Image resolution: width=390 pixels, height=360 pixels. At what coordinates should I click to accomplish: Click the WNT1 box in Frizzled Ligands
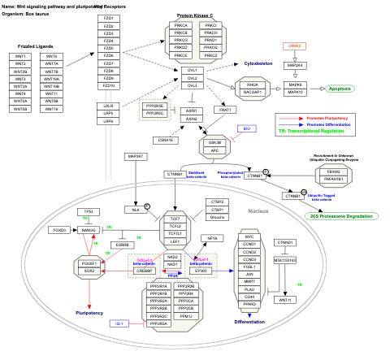(x=21, y=56)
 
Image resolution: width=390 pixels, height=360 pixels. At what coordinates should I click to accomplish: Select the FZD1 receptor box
(x=108, y=18)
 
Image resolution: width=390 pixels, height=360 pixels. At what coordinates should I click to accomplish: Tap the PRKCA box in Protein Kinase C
(x=180, y=25)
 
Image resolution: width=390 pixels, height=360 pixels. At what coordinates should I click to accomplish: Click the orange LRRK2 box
(x=293, y=46)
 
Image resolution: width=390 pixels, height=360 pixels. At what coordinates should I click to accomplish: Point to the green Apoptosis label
(x=340, y=88)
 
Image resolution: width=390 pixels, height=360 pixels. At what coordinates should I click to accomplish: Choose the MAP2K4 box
(x=295, y=65)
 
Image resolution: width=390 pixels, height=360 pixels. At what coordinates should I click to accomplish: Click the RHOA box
(x=253, y=85)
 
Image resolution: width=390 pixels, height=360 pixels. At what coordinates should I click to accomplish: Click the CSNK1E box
(x=167, y=140)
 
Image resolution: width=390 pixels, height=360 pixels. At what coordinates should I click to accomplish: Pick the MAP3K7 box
(x=136, y=155)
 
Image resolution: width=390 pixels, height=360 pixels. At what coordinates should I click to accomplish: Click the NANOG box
(x=89, y=230)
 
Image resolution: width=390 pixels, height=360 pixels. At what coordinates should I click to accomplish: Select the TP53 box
(x=89, y=211)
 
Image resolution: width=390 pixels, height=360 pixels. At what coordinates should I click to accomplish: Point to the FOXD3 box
(x=58, y=230)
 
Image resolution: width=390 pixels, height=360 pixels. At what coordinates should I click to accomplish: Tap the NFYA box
(x=213, y=238)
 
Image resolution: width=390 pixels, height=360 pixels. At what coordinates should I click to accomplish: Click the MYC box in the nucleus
(x=249, y=236)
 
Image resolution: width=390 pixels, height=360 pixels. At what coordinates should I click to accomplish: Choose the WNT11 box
(x=284, y=300)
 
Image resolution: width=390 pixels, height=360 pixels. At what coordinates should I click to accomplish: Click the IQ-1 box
(x=120, y=323)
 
